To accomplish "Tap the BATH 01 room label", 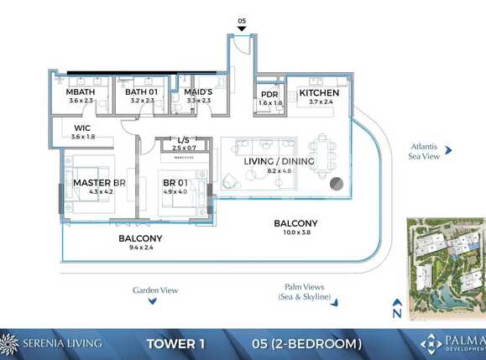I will coord(143,91).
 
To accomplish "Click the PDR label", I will coord(269,94).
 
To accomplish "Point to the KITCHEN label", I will coord(319,92).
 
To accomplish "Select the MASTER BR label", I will coord(99,182).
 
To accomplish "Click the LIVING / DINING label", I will coord(279,161).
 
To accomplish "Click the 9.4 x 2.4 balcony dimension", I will coord(140,248).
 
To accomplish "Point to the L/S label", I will coord(186,140).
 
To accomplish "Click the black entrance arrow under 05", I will coord(242,29).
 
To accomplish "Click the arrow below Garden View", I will coord(155,304).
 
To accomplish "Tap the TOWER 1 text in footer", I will coord(175,343).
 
